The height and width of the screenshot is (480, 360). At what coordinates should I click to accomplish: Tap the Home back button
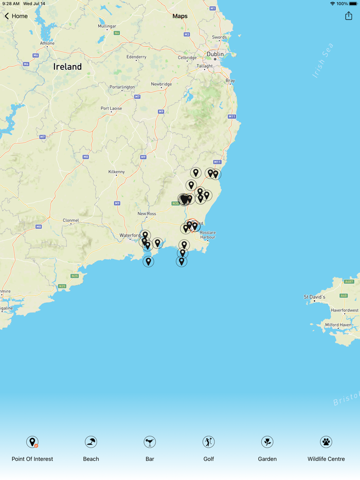[16, 16]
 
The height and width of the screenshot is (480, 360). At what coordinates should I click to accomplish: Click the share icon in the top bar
[349, 16]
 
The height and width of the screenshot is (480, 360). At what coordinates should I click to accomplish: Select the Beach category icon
[91, 442]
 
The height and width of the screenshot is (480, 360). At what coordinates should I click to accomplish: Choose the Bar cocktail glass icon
[150, 442]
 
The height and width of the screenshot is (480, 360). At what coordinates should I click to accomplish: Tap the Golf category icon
[208, 442]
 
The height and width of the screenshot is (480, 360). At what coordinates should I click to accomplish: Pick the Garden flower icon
[267, 442]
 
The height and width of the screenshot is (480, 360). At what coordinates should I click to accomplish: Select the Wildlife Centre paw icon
[326, 442]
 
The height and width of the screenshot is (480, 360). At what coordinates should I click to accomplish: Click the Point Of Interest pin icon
[32, 442]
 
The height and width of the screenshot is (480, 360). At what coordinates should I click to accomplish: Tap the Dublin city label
[215, 54]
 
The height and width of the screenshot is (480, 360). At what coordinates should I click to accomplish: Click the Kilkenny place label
[116, 172]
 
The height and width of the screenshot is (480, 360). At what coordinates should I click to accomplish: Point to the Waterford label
[130, 235]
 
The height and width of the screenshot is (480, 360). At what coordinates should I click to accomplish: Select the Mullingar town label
[107, 26]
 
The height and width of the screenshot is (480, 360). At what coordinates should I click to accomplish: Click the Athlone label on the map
[47, 43]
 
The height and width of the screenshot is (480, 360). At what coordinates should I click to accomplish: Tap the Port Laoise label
[112, 108]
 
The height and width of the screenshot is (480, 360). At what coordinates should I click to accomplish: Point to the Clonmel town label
[71, 220]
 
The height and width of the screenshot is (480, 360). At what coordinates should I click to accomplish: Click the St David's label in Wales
[314, 297]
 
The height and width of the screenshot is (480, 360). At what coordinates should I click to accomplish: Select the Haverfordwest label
[345, 310]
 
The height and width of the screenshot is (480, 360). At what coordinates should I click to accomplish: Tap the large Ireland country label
[67, 67]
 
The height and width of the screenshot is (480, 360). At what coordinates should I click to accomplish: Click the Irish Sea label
[323, 61]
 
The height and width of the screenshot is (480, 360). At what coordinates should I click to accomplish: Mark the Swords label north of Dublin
[220, 38]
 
